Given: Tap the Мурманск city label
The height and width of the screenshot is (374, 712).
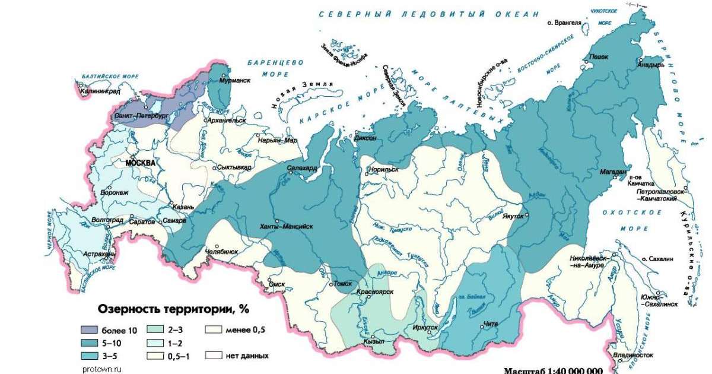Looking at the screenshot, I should [234, 80].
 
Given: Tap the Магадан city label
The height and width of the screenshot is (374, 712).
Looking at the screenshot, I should [614, 172].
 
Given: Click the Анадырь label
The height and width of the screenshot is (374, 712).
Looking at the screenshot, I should [650, 65].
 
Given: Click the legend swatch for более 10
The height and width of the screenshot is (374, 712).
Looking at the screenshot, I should [90, 330].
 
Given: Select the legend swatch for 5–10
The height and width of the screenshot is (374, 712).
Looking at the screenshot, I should [90, 343].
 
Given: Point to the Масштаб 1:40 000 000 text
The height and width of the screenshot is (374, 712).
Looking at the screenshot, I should [553, 370].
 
